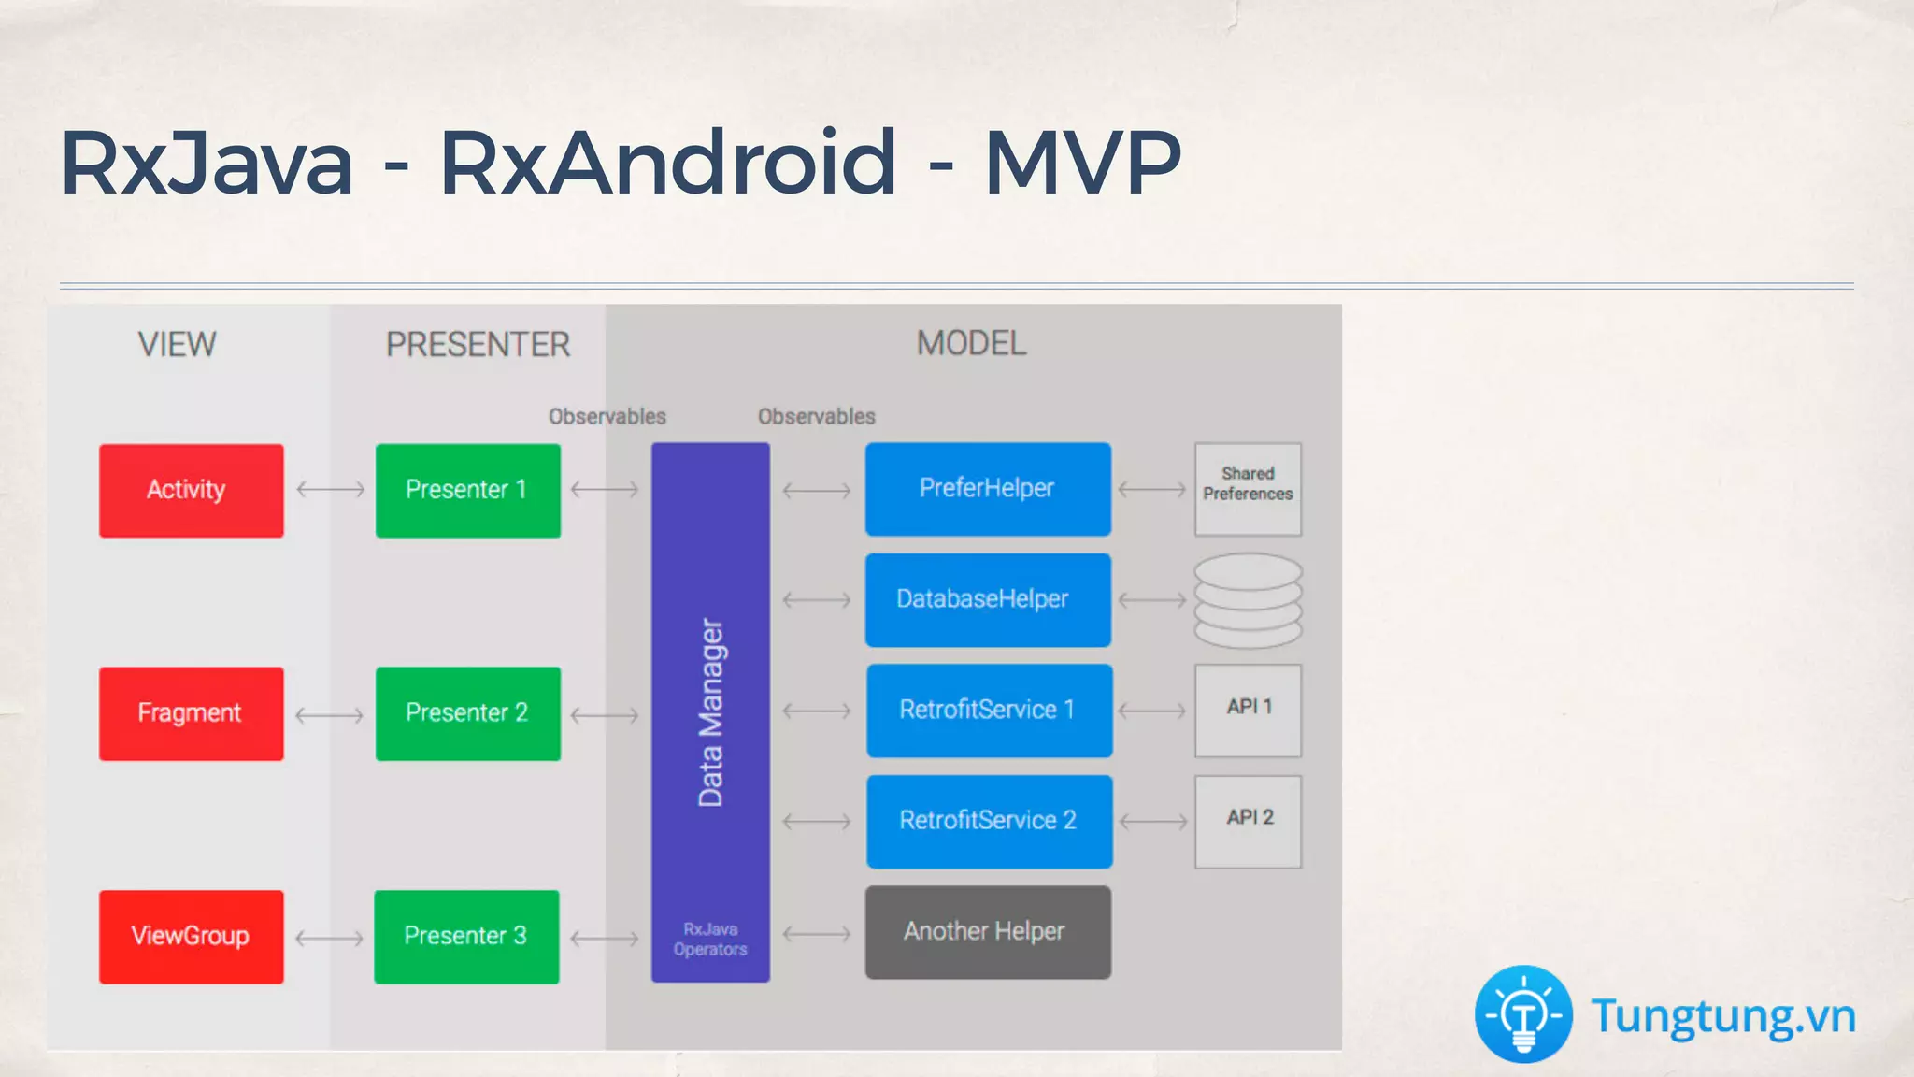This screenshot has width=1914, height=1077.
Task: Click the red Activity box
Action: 191,490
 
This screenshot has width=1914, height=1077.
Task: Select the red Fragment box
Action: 191,713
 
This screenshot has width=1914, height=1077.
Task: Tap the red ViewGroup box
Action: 191,936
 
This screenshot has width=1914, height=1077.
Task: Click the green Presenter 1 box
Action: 467,490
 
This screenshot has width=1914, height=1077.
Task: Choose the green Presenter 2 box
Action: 467,713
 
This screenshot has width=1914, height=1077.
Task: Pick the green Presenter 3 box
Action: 466,936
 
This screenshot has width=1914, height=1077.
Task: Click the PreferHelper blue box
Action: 988,489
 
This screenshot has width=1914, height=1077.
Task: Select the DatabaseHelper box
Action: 988,599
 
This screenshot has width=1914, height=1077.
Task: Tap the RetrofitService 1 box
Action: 989,711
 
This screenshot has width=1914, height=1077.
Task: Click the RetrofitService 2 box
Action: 989,821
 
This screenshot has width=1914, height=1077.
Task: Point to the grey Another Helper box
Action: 988,932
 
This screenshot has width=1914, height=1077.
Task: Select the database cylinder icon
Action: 1248,600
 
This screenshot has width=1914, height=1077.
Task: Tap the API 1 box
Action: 1248,711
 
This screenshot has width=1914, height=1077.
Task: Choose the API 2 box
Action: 1248,821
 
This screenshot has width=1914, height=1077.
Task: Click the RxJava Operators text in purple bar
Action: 710,939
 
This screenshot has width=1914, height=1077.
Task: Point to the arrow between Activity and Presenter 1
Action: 330,489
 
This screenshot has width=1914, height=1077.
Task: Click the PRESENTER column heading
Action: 478,345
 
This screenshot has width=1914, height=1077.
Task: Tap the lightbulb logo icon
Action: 1523,1014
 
